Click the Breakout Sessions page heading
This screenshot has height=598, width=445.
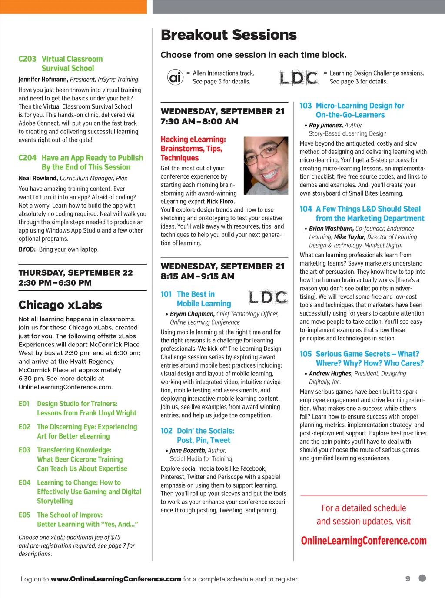229,35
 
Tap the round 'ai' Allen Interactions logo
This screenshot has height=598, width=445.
175,77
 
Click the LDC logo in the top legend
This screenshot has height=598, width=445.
299,77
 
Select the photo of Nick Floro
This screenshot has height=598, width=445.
266,165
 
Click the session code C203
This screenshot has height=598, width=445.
27,59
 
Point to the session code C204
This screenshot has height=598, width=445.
27,158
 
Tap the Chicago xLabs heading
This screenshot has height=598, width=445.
60,305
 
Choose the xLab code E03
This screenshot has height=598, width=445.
24,450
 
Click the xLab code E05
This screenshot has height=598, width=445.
24,515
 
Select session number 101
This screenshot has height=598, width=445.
166,295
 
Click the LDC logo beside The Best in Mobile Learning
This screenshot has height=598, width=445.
268,297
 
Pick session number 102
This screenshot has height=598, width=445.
166,431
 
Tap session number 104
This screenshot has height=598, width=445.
306,209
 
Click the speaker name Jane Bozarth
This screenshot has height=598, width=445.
188,451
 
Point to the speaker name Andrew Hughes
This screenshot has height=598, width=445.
330,374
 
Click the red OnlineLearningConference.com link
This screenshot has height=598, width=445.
364,541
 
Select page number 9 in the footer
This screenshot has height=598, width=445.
408,579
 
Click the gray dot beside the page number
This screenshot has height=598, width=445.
422,578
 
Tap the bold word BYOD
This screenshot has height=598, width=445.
27,249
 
